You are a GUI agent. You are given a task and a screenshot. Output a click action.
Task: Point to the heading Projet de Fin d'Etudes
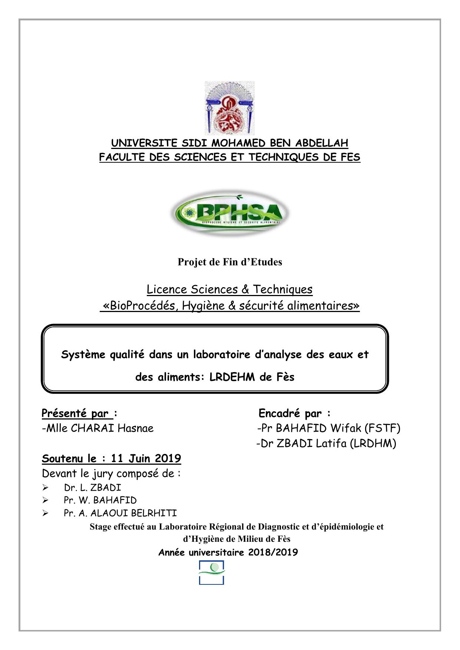coord(230,262)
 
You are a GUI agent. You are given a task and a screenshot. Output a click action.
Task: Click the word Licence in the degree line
coord(167,289)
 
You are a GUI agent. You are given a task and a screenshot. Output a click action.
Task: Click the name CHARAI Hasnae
coord(112,428)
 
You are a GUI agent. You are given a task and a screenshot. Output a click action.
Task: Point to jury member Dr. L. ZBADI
coord(92,488)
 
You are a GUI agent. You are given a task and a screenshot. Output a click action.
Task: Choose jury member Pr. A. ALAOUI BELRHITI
coord(120,513)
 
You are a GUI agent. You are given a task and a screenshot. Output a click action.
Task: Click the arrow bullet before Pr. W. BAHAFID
coord(45,501)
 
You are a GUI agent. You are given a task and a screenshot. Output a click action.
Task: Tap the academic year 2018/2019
coord(273,553)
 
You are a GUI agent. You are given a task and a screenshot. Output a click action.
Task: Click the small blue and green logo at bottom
coord(212,573)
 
